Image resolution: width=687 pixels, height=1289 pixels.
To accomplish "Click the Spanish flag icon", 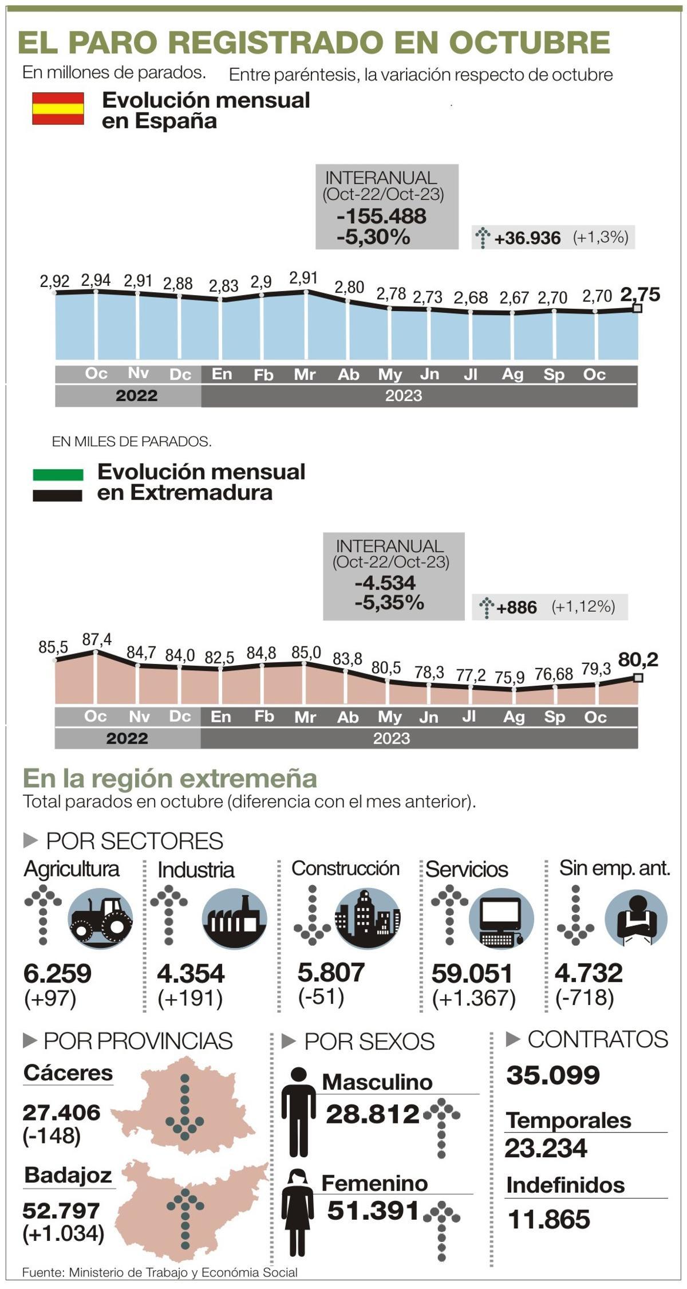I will point(58,108).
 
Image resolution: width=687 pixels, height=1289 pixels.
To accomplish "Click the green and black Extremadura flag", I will point(58,485).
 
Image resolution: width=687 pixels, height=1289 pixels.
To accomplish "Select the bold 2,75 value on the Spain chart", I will point(640,294).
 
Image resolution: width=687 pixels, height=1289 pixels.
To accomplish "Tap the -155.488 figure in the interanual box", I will point(382,217).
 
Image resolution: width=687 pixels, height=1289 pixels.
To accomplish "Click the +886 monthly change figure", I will point(517,607).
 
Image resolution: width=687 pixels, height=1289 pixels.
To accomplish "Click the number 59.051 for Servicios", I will point(472,973).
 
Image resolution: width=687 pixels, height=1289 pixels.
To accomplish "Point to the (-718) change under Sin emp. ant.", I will point(585,997).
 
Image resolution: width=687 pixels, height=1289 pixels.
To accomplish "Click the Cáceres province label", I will point(68,1072).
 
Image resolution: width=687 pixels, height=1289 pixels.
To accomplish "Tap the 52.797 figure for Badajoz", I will point(61,1210).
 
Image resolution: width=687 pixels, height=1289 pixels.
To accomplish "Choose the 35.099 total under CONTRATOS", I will point(553,1075).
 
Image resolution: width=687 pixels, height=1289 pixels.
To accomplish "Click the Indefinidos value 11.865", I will point(549,1219).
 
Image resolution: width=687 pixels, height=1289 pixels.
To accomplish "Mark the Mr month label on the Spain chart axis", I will point(305,375).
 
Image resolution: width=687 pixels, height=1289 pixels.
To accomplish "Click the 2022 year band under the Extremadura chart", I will point(127,738).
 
